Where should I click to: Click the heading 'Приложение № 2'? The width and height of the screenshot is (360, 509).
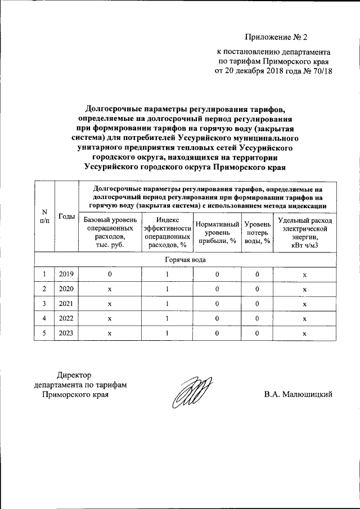coord(277,38)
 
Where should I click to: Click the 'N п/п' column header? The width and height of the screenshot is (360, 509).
coord(45,216)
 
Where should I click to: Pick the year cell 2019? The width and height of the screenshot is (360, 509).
coord(67,274)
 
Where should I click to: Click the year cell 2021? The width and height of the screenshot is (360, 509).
coord(67,304)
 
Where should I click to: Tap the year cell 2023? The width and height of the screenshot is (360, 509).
coord(67,333)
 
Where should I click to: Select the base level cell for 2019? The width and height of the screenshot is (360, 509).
coord(110,274)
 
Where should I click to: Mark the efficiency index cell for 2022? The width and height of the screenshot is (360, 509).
coord(168,318)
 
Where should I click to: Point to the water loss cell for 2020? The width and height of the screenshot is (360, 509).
coord(256,289)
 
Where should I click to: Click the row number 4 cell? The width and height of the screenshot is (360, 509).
coord(45,318)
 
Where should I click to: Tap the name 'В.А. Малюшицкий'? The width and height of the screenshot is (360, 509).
coord(298,394)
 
